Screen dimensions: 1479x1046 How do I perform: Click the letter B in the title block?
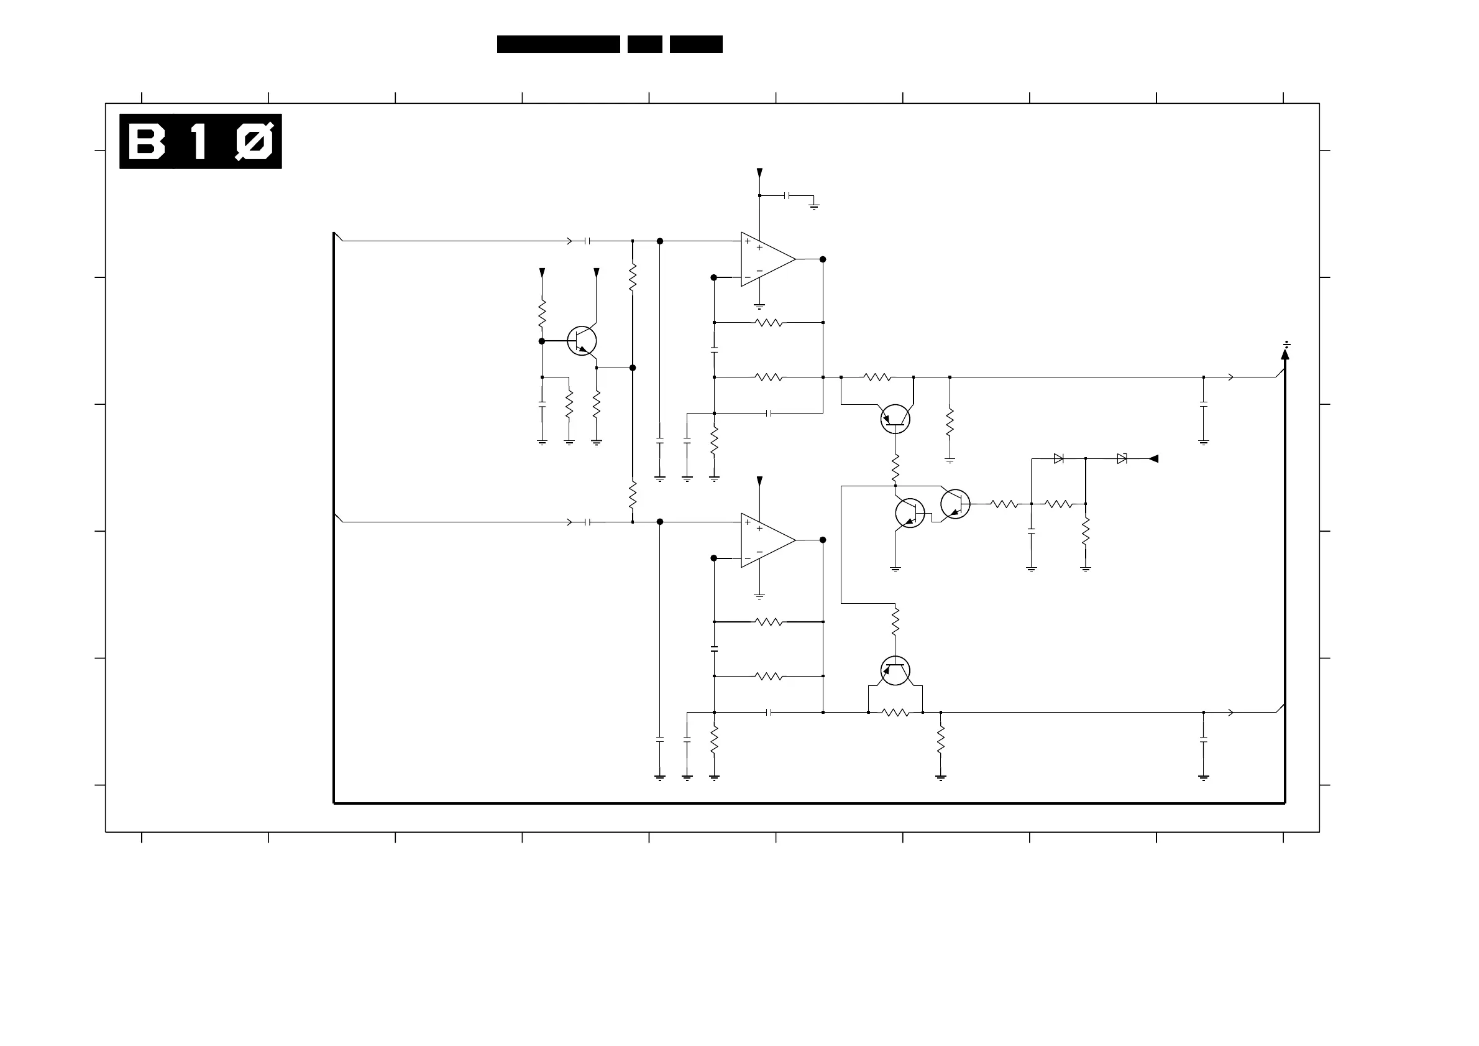pyautogui.click(x=146, y=142)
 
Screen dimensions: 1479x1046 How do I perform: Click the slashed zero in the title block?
pyautogui.click(x=254, y=142)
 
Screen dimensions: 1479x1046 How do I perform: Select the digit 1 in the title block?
pyautogui.click(x=198, y=142)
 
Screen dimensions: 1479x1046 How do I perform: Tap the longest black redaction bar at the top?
pyautogui.click(x=558, y=44)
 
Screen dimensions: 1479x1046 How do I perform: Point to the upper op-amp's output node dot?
pyautogui.click(x=823, y=259)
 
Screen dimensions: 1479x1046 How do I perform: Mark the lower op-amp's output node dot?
pyautogui.click(x=823, y=540)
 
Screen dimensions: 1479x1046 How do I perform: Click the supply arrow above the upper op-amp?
pyautogui.click(x=759, y=173)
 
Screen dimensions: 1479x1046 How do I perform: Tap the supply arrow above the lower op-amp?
pyautogui.click(x=759, y=481)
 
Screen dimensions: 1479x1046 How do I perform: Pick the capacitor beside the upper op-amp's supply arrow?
pyautogui.click(x=787, y=195)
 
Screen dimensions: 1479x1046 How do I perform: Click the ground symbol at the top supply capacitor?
pyautogui.click(x=814, y=206)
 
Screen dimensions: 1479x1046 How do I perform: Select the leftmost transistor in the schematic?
pyautogui.click(x=582, y=341)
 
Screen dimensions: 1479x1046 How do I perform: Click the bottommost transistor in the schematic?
pyautogui.click(x=895, y=671)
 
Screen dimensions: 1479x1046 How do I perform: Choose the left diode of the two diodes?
pyautogui.click(x=1058, y=459)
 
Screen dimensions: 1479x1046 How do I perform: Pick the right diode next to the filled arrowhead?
pyautogui.click(x=1122, y=459)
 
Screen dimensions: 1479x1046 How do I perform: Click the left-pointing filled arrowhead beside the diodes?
pyautogui.click(x=1154, y=459)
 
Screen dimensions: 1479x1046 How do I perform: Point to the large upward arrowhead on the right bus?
pyautogui.click(x=1285, y=354)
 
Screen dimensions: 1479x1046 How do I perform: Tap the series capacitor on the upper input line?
pyautogui.click(x=587, y=241)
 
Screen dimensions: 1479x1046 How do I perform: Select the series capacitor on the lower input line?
pyautogui.click(x=587, y=522)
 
